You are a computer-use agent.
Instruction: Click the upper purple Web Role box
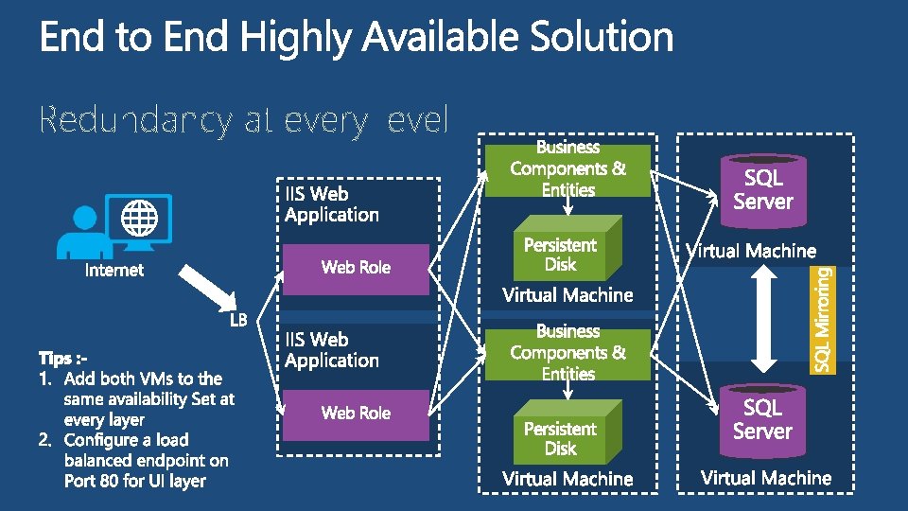click(x=356, y=268)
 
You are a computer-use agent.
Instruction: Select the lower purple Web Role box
click(x=356, y=414)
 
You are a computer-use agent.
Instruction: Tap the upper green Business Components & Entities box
click(x=567, y=169)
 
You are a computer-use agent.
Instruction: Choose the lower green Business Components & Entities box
click(x=567, y=353)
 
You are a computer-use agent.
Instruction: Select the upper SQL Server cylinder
click(x=762, y=190)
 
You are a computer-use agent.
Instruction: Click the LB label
click(x=238, y=320)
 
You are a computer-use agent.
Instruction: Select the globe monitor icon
click(x=139, y=220)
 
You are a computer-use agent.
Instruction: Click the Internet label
click(x=114, y=271)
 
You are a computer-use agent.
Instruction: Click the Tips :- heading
click(x=63, y=359)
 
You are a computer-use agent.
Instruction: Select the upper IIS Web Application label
click(x=331, y=204)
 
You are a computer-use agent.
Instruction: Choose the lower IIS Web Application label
click(x=331, y=350)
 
